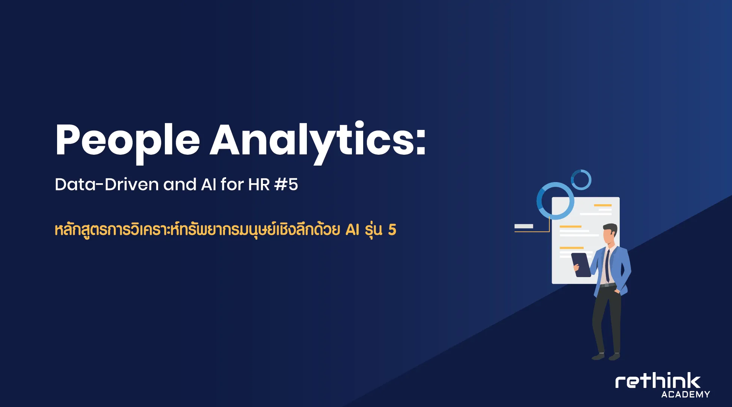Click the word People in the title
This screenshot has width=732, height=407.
tap(127, 142)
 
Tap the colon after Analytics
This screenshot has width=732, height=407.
tap(421, 142)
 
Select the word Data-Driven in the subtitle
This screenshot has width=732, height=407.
tap(107, 184)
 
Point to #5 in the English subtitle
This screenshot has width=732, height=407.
tap(286, 184)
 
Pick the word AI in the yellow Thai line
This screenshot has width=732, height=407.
tap(352, 229)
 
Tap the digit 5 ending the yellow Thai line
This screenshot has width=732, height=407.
tap(392, 230)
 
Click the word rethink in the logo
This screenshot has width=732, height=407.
tap(658, 381)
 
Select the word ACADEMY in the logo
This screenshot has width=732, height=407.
tap(685, 395)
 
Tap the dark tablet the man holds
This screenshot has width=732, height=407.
tap(581, 265)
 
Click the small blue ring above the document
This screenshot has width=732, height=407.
tap(581, 180)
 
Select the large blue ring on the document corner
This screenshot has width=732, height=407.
tap(555, 201)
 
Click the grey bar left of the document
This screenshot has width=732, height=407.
tap(524, 226)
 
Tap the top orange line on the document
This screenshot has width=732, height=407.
tap(603, 205)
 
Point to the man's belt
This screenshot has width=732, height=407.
tap(607, 285)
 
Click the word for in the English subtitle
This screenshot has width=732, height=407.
tap(232, 184)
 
